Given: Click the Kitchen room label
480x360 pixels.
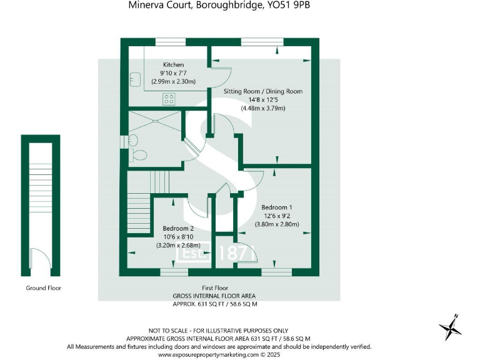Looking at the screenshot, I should [173, 65].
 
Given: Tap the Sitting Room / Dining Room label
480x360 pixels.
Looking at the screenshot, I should [263, 91].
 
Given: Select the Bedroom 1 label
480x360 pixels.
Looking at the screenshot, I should [277, 207].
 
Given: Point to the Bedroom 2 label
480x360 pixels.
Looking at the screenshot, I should [178, 229].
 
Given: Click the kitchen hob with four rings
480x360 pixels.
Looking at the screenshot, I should [169, 97].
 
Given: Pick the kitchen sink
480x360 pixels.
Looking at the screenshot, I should [134, 79].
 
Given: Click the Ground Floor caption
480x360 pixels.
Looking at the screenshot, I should [44, 288].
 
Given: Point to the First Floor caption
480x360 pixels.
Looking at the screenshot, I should [214, 287].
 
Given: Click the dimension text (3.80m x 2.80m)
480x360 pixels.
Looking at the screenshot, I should [277, 224].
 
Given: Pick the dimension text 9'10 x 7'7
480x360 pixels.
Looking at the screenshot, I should [173, 73].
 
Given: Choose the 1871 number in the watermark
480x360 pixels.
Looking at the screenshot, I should [237, 253].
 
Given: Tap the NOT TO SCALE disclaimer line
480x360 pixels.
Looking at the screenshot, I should [218, 330].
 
